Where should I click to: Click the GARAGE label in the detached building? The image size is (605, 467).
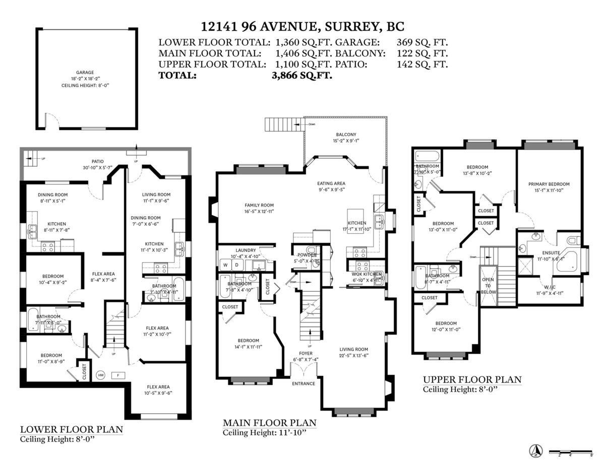(x=85, y=73)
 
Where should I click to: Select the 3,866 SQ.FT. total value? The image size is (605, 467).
(x=301, y=76)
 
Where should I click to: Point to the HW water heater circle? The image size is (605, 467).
(x=100, y=375)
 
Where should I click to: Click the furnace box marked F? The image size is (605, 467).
(x=117, y=375)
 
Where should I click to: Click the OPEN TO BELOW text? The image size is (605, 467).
(x=488, y=285)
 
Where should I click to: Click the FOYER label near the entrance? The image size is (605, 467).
(x=305, y=353)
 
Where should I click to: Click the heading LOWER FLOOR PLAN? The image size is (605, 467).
(x=71, y=430)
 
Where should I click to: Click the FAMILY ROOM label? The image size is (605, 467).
(x=259, y=205)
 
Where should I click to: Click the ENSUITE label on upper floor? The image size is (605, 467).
(x=551, y=252)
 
